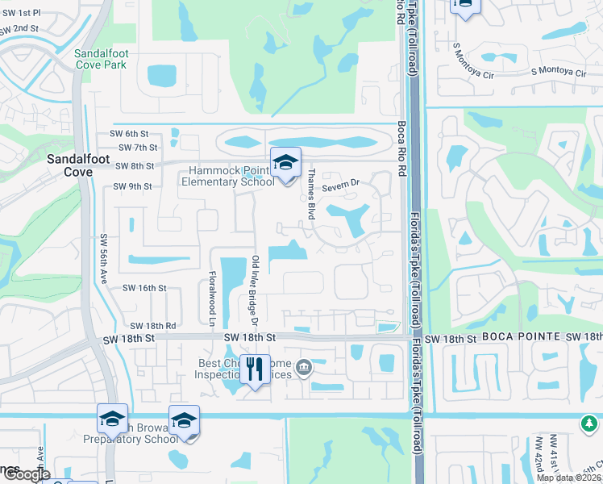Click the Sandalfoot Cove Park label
point(100,59)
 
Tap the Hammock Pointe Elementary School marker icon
point(285,165)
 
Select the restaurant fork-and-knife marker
point(255,370)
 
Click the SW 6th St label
point(134,134)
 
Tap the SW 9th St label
point(132,186)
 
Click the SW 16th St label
point(143,287)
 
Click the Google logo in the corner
point(27,474)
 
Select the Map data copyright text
point(569,478)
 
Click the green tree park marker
point(590,422)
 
